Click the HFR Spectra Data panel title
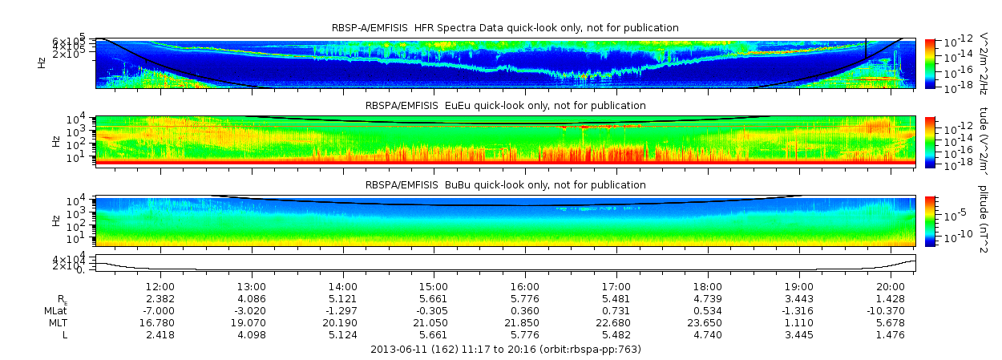(505, 28)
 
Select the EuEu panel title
(505, 105)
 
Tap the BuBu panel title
(505, 184)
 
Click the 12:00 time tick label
(160, 286)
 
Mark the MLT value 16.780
(160, 322)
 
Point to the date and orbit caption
(505, 350)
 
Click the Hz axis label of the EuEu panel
(55, 141)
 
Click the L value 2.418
(160, 334)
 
